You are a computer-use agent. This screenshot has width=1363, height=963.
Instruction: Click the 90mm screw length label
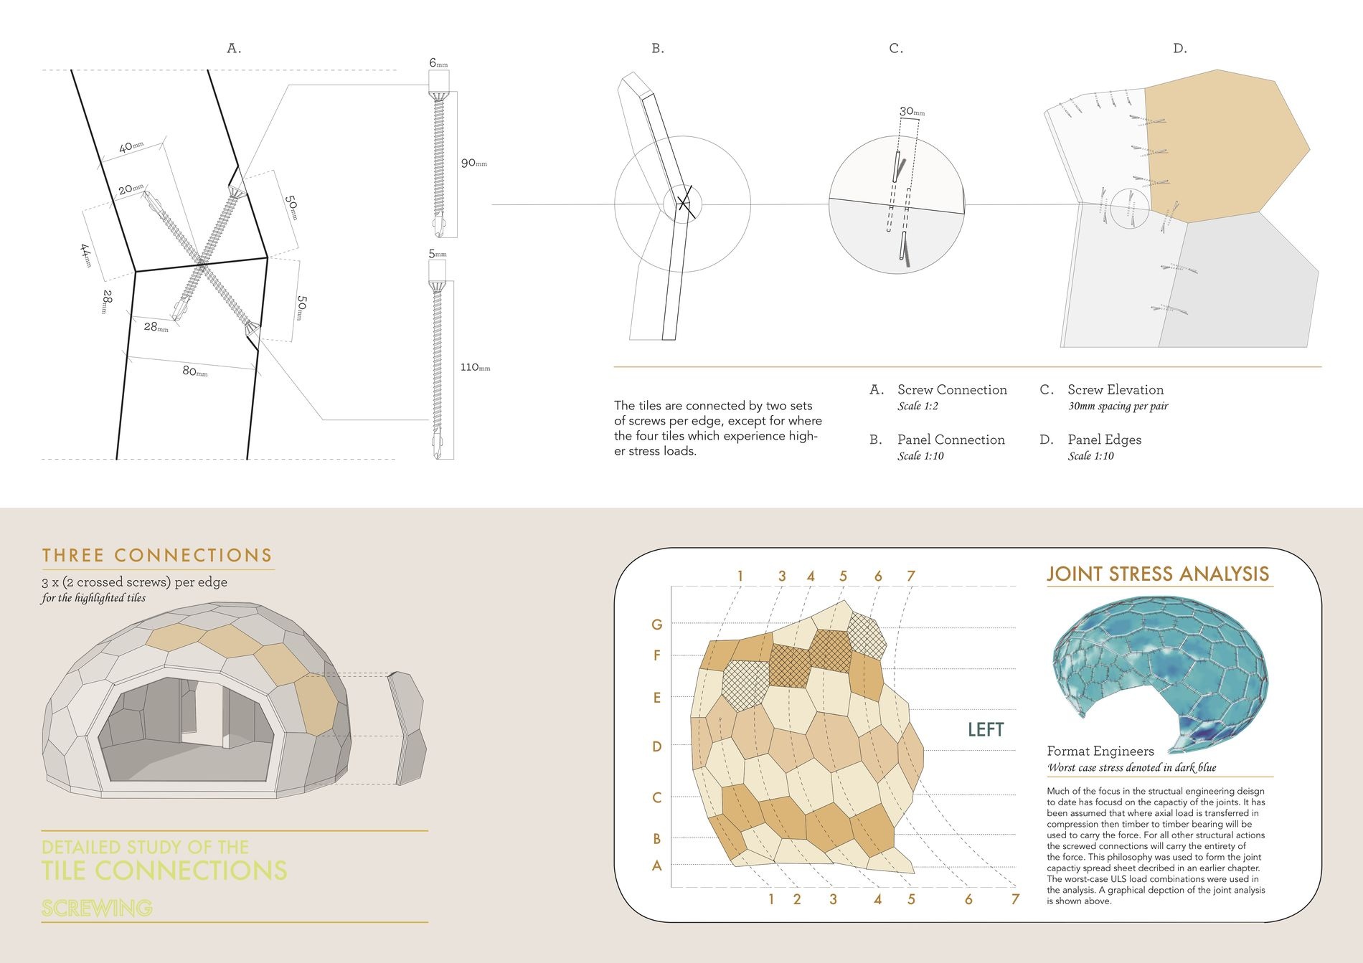click(473, 163)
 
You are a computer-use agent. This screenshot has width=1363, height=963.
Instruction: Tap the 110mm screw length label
click(475, 367)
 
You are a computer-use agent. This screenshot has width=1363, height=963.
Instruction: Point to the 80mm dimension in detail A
click(194, 371)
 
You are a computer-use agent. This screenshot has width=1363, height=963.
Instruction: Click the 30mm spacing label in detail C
click(912, 111)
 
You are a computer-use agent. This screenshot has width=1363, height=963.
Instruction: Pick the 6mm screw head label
click(438, 63)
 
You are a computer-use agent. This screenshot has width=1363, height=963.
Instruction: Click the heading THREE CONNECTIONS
click(157, 556)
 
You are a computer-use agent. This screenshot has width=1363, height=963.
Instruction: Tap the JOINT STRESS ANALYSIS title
click(1158, 574)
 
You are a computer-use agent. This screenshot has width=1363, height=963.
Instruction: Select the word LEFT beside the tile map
click(986, 729)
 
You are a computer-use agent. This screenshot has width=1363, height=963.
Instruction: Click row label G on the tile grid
click(656, 625)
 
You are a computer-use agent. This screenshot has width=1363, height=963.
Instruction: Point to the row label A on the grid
click(656, 866)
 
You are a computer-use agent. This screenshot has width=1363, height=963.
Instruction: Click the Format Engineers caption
click(1100, 751)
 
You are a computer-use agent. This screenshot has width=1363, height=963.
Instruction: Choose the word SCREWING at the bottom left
click(97, 909)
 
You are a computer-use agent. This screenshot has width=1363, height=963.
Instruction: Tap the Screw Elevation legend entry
click(1116, 390)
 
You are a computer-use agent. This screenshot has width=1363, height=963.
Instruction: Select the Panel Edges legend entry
click(1104, 440)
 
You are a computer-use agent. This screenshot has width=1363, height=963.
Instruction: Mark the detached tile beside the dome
click(407, 728)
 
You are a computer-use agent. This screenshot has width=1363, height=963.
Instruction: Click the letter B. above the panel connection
click(658, 49)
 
